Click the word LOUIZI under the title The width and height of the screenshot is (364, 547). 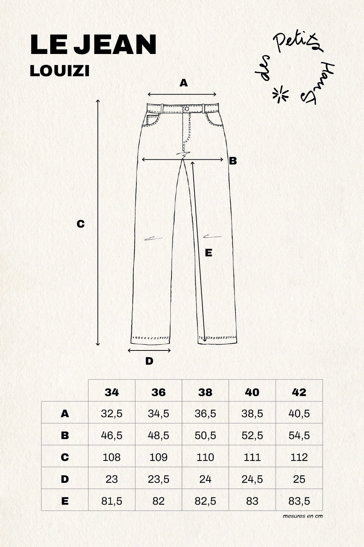pos(60,71)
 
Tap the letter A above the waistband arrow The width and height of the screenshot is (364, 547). pos(183,83)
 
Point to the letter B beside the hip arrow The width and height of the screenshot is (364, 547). pos(233,161)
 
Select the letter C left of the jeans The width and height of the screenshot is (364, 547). pos(80,224)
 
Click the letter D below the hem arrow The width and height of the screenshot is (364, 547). pos(149,361)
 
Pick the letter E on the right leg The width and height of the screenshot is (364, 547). pos(209,253)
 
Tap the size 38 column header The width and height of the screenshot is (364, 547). pos(205,392)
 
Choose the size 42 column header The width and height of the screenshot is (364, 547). pos(299,392)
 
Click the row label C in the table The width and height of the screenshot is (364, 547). pos(65,457)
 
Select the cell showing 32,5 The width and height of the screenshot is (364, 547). pos(112,414)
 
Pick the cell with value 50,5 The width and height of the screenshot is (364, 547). pos(205,435)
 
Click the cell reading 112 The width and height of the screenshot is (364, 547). pos(299,457)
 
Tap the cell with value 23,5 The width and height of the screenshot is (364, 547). pos(158,479)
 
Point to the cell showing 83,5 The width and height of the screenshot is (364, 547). pos(299,501)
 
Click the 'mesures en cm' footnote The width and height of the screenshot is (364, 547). pos(302,516)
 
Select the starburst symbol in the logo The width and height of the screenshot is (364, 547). pos(280,94)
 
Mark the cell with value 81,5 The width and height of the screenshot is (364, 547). pos(112,501)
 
